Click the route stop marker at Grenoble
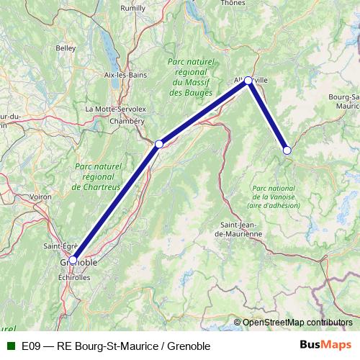click(73, 259)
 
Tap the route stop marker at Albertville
click(248, 81)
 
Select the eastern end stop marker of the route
click(287, 150)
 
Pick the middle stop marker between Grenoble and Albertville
click(159, 144)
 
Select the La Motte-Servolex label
click(115, 109)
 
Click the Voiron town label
click(41, 196)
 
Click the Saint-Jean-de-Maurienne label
click(240, 229)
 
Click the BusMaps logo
click(325, 345)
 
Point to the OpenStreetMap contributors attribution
click(297, 322)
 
